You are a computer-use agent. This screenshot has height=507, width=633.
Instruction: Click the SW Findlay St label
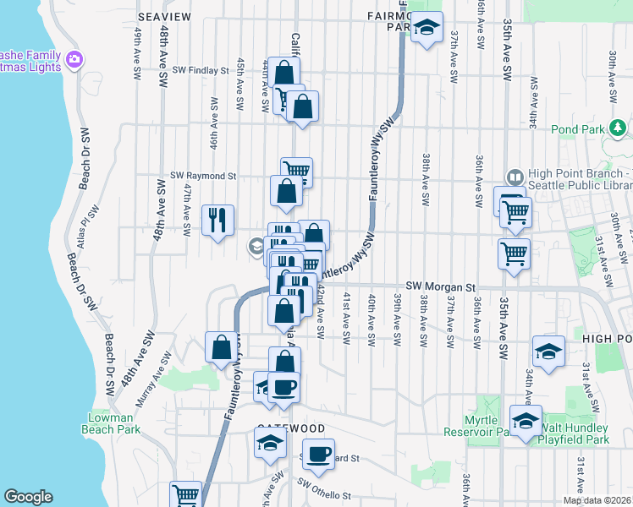[x=201, y=71]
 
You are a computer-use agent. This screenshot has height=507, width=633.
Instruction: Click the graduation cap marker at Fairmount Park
[x=427, y=27]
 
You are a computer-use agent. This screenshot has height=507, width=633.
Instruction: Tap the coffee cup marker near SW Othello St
[x=318, y=454]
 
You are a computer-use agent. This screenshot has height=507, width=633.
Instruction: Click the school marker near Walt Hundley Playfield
[x=526, y=421]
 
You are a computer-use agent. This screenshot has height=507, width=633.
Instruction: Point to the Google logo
[x=28, y=497]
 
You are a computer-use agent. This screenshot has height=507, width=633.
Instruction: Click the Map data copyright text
[x=597, y=500]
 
